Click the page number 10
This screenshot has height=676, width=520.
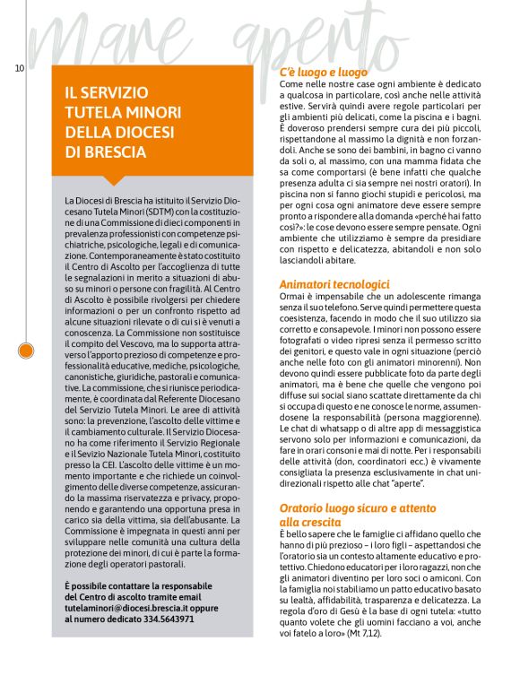(19, 68)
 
